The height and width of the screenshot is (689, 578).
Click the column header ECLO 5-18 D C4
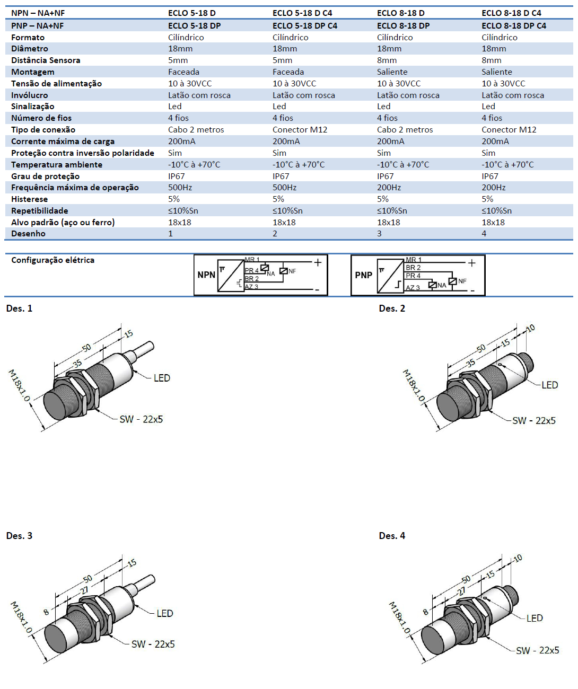click(302, 13)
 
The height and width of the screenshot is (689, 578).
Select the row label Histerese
click(29, 199)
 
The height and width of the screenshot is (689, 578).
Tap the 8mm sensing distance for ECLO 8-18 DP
click(387, 60)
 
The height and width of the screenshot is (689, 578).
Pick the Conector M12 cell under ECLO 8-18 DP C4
click(509, 130)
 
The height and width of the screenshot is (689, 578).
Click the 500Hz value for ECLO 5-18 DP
click(180, 188)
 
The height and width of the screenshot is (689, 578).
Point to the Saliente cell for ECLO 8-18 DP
click(392, 72)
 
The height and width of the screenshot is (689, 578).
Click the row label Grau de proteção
click(45, 176)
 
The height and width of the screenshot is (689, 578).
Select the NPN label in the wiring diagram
click(206, 275)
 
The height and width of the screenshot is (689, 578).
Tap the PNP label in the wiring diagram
click(363, 275)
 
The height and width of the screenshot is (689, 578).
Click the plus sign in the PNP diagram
click(471, 262)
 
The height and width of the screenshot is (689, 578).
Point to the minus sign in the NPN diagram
click(317, 290)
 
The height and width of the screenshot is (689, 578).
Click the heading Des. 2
click(392, 308)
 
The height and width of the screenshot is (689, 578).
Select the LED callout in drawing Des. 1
click(162, 378)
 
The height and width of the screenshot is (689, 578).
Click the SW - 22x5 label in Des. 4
click(537, 650)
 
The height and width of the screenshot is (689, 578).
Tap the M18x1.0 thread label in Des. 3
click(21, 617)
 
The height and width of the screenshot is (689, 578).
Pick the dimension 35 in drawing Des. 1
click(77, 364)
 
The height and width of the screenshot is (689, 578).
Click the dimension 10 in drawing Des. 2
click(530, 329)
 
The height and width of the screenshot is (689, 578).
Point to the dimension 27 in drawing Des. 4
click(462, 590)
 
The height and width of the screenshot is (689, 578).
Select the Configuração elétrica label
click(52, 260)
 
